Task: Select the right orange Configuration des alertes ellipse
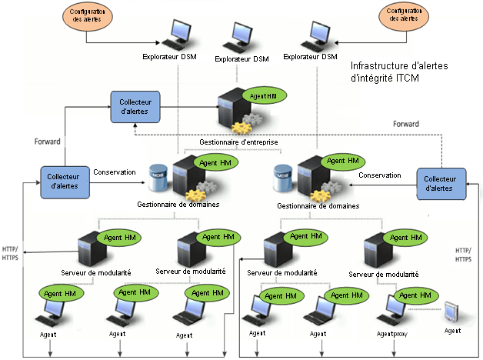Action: pos(404,18)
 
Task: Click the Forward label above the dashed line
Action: pos(405,123)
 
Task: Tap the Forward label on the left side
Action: pos(47,142)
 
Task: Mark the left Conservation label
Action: pos(115,172)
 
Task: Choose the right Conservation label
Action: pos(379,175)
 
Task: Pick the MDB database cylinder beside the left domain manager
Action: pos(158,178)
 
